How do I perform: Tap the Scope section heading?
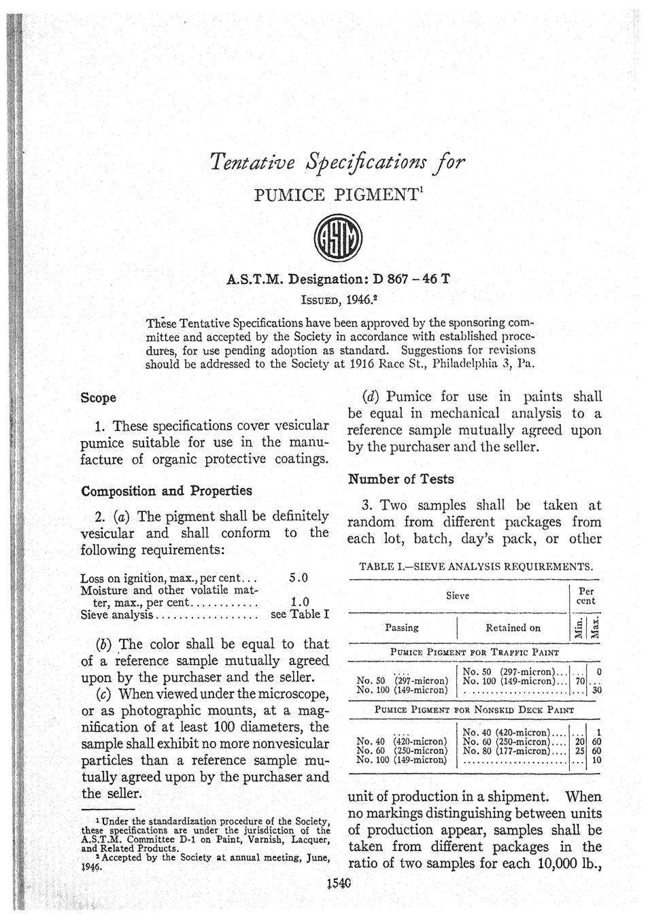pyautogui.click(x=98, y=397)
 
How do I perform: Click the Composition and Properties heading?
pyautogui.click(x=166, y=491)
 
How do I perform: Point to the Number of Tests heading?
pyautogui.click(x=401, y=479)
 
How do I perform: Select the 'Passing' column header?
pyautogui.click(x=402, y=627)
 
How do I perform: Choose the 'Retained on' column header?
pyautogui.click(x=513, y=627)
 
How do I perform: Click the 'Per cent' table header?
pyautogui.click(x=585, y=596)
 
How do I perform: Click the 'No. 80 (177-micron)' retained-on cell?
pyautogui.click(x=513, y=751)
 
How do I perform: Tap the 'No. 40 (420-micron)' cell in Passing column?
pyautogui.click(x=402, y=741)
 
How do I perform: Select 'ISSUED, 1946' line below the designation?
pyautogui.click(x=339, y=298)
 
